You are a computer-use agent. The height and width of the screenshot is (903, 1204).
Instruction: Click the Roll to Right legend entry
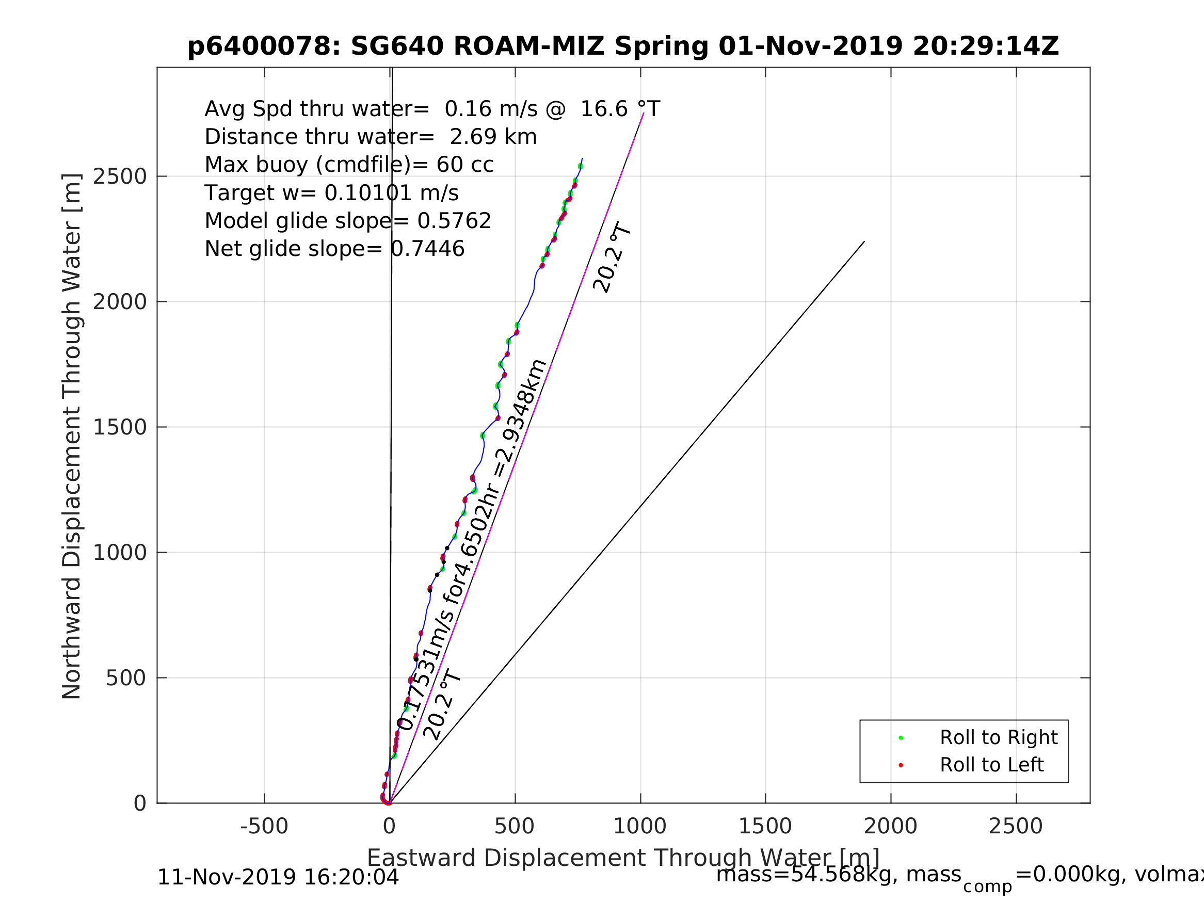pos(998,737)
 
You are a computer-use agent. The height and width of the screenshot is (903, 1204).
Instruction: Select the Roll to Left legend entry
pos(992,765)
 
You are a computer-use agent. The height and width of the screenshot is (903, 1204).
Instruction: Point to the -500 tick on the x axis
pos(264,826)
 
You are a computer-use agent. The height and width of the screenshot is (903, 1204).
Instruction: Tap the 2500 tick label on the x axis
pos(1015,826)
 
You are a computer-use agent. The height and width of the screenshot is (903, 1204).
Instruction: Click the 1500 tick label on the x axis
pos(765,826)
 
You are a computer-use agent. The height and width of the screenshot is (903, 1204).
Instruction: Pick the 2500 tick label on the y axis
pos(120,176)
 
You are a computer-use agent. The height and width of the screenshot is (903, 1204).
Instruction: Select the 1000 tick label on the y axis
pos(120,553)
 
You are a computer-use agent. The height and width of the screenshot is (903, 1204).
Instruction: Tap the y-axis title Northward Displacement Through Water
pos(72,436)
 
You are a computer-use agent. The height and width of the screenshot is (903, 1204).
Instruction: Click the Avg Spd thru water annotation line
pos(432,109)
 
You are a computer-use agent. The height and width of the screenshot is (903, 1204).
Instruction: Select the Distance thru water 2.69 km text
pos(371,137)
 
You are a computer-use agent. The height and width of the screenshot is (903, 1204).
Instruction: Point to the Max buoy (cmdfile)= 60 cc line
pos(349,165)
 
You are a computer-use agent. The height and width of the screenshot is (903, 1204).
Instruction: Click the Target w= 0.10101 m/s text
pos(331,192)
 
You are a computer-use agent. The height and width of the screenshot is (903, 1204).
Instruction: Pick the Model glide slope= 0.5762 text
pos(348,220)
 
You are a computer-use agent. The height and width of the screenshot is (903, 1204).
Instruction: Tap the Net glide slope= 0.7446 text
pos(334,249)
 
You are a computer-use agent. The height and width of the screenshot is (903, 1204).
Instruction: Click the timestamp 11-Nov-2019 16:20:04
pos(278,877)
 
